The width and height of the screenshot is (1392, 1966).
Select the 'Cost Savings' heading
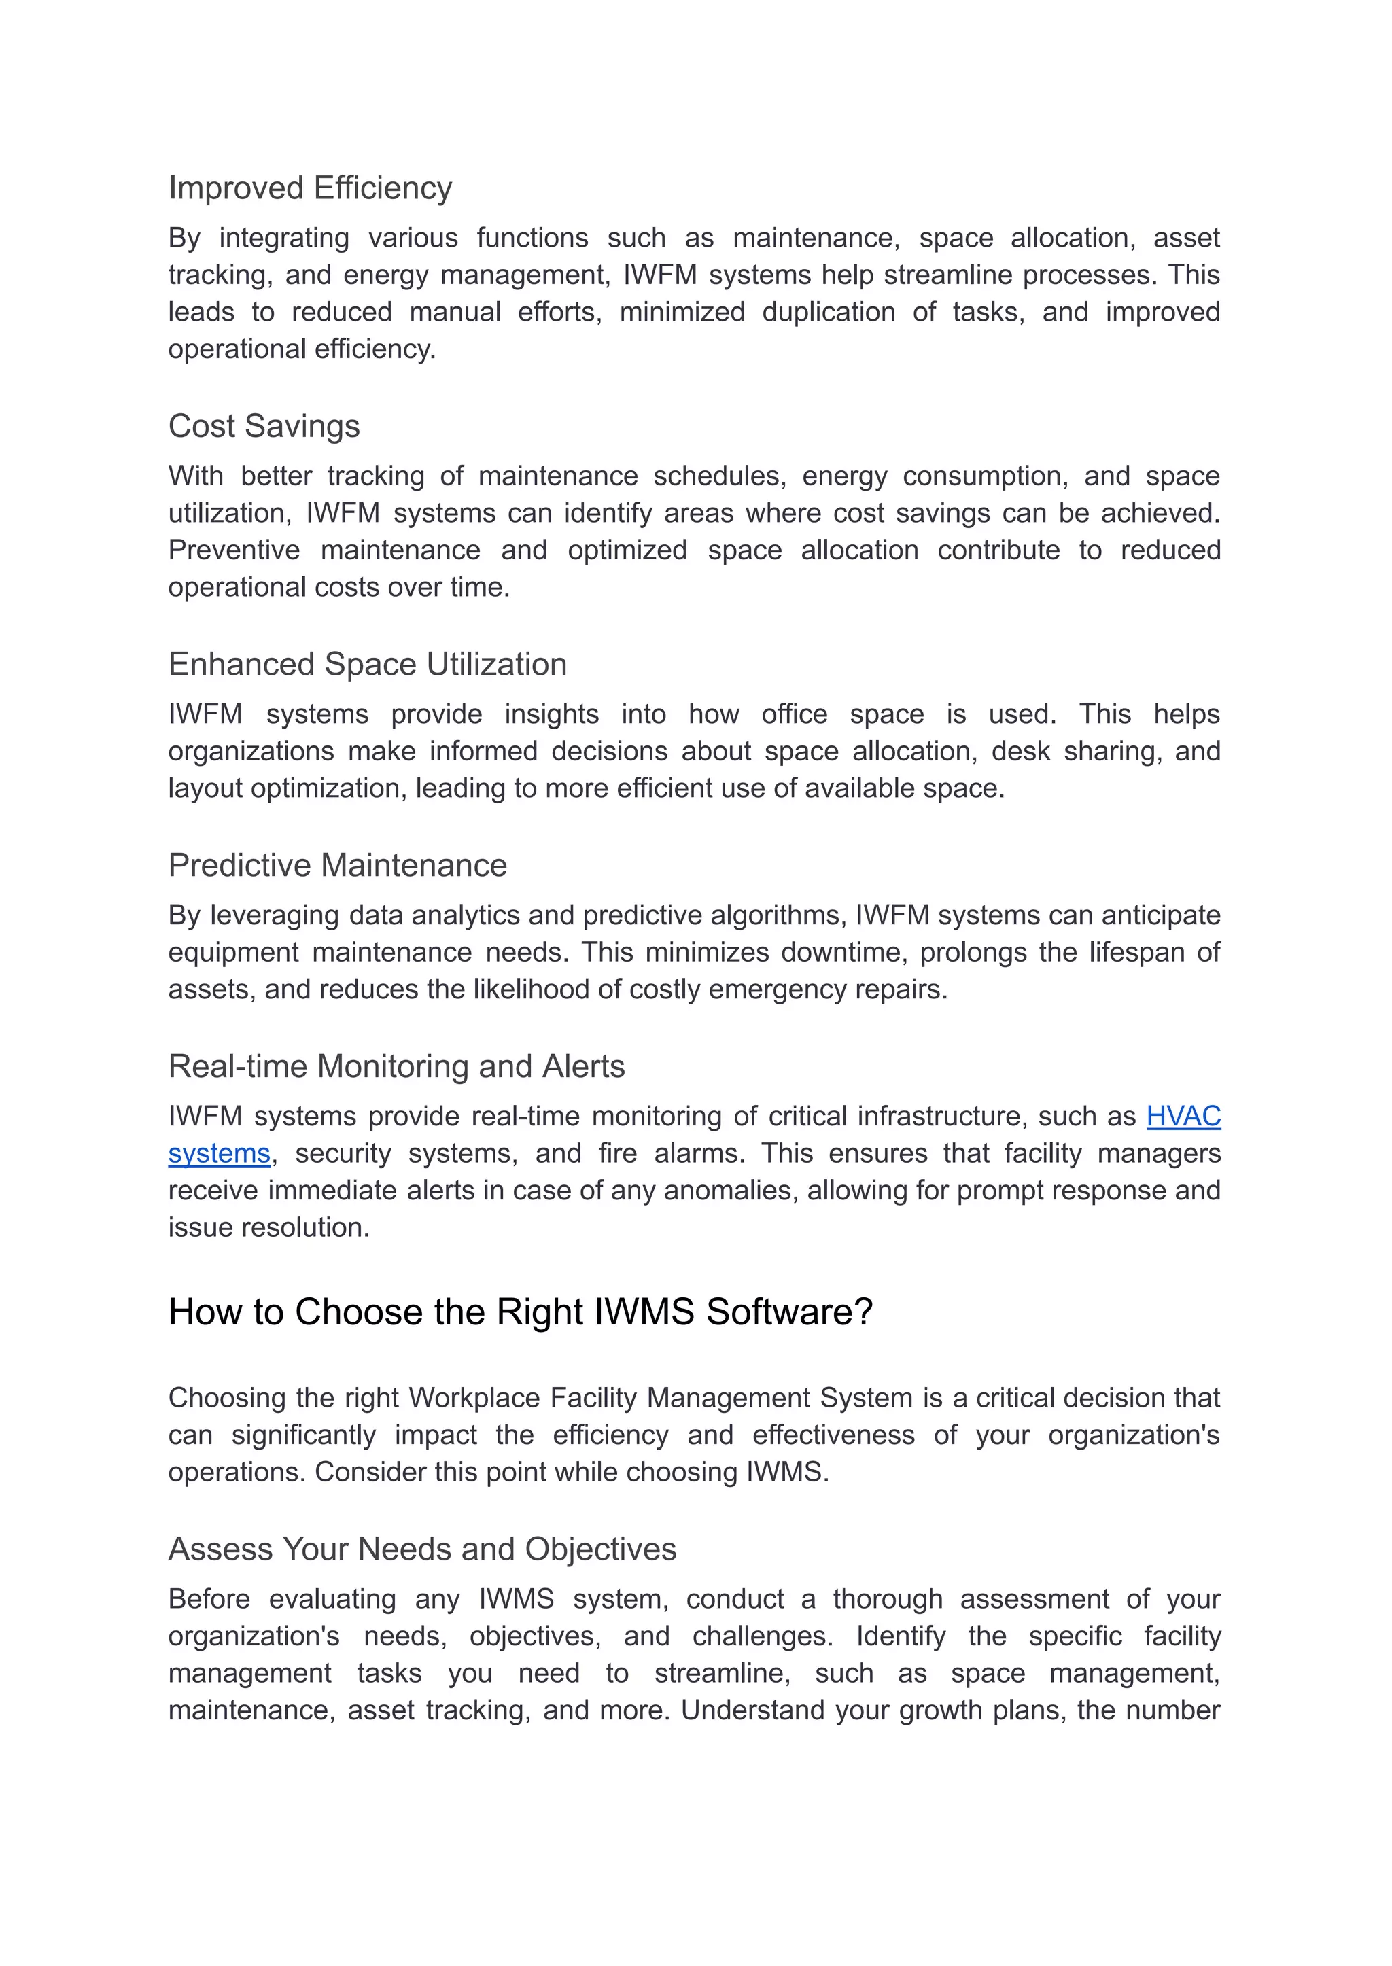pos(263,426)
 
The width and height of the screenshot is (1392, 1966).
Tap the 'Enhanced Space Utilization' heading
pos(367,664)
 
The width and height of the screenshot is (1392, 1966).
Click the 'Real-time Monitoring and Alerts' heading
pos(396,1066)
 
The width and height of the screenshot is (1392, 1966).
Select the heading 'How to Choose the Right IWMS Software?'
pos(519,1312)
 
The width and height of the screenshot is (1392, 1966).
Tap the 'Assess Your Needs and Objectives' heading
pos(421,1549)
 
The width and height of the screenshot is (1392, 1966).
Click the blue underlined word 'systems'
pos(220,1153)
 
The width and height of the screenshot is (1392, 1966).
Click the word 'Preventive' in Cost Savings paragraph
pos(234,550)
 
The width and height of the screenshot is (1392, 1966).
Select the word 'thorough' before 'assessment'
pos(887,1599)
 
